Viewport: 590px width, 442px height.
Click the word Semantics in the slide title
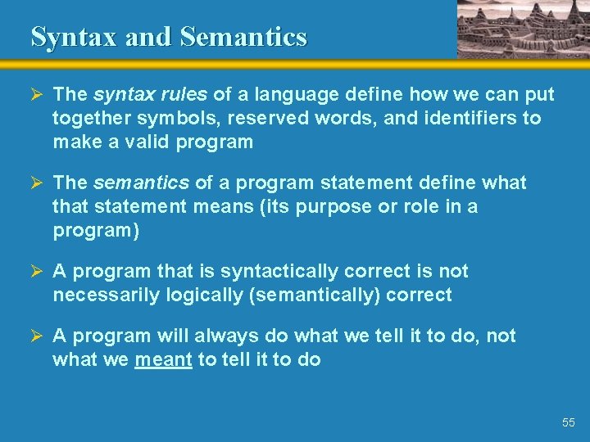click(x=243, y=37)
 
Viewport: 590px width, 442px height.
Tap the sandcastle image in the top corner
click(x=522, y=29)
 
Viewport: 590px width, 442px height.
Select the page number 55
click(x=569, y=422)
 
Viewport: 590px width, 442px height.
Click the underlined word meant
click(x=163, y=359)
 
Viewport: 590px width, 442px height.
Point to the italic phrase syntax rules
click(x=151, y=95)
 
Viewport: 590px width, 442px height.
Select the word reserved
click(x=264, y=118)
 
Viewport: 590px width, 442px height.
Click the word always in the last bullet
click(x=224, y=336)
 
